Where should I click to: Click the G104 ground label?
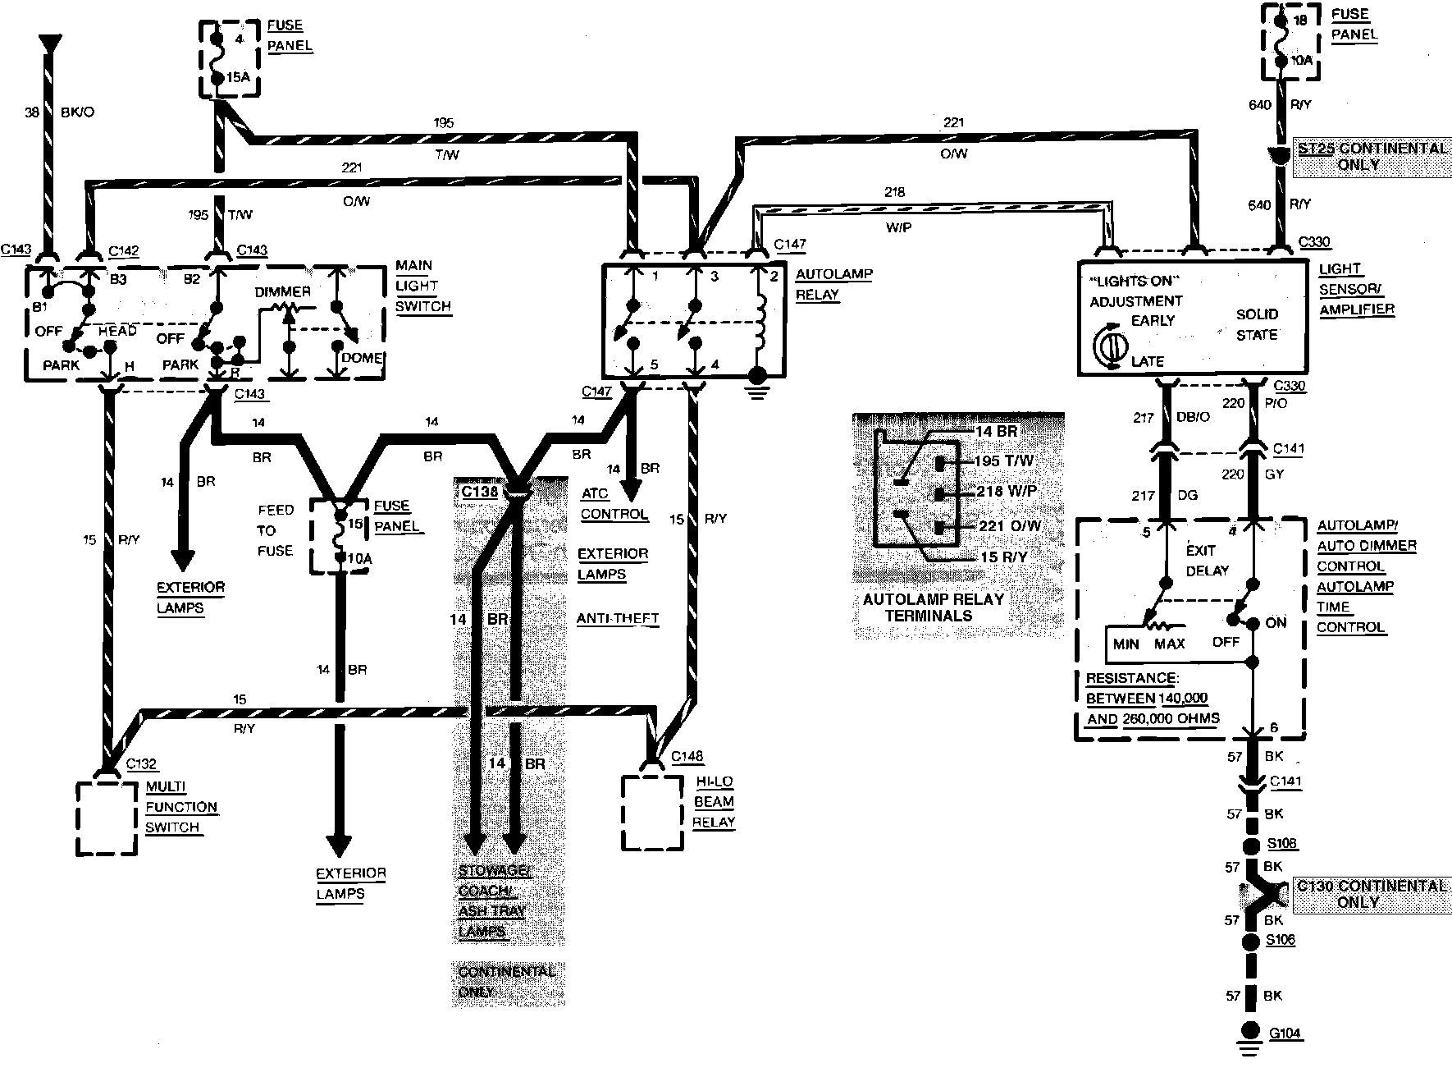[x=1285, y=1033]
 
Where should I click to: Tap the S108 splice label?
[x=1282, y=844]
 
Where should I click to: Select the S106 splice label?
[x=1281, y=940]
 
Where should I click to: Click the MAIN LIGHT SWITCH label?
[x=422, y=286]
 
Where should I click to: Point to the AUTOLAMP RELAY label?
[x=833, y=284]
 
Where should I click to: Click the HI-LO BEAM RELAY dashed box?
[x=652, y=812]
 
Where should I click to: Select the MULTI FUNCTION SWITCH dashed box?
[x=107, y=818]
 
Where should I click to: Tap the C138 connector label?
[x=479, y=492]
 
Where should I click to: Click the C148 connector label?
[x=687, y=755]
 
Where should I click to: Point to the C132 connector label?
[x=141, y=764]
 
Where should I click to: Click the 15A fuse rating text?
[x=237, y=78]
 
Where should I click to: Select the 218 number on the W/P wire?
[x=894, y=192]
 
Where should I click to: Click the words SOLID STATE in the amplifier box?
[x=1257, y=324]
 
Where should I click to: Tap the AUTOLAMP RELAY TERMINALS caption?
[x=933, y=607]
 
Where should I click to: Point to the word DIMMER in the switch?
[x=282, y=292]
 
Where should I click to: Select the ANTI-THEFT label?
[x=617, y=618]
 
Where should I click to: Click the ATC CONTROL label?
[x=614, y=504]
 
